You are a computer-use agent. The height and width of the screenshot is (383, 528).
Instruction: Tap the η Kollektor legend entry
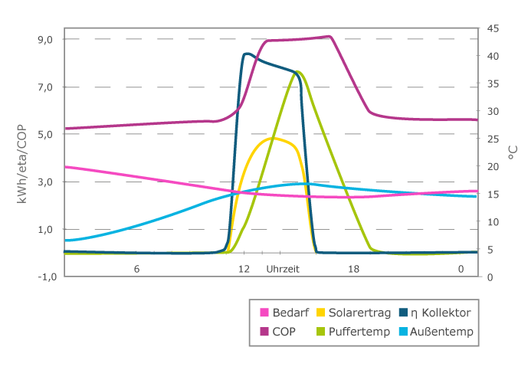(x=441, y=312)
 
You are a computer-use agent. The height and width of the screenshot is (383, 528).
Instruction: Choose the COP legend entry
(x=283, y=332)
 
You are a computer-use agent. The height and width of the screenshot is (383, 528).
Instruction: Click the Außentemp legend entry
(x=442, y=332)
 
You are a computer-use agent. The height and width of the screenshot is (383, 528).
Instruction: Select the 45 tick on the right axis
(x=494, y=28)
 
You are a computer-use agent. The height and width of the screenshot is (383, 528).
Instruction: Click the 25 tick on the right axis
(x=494, y=139)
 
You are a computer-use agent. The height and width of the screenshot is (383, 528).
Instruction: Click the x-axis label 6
(x=136, y=269)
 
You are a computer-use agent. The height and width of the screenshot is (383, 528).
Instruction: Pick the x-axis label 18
(x=353, y=269)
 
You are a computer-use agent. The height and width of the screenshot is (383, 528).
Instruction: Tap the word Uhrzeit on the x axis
(x=283, y=269)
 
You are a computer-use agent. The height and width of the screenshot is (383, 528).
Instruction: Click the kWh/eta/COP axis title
(x=23, y=157)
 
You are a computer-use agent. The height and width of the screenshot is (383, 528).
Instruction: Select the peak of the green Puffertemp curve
(x=297, y=72)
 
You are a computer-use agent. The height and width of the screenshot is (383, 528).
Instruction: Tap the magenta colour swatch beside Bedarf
(x=264, y=312)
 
